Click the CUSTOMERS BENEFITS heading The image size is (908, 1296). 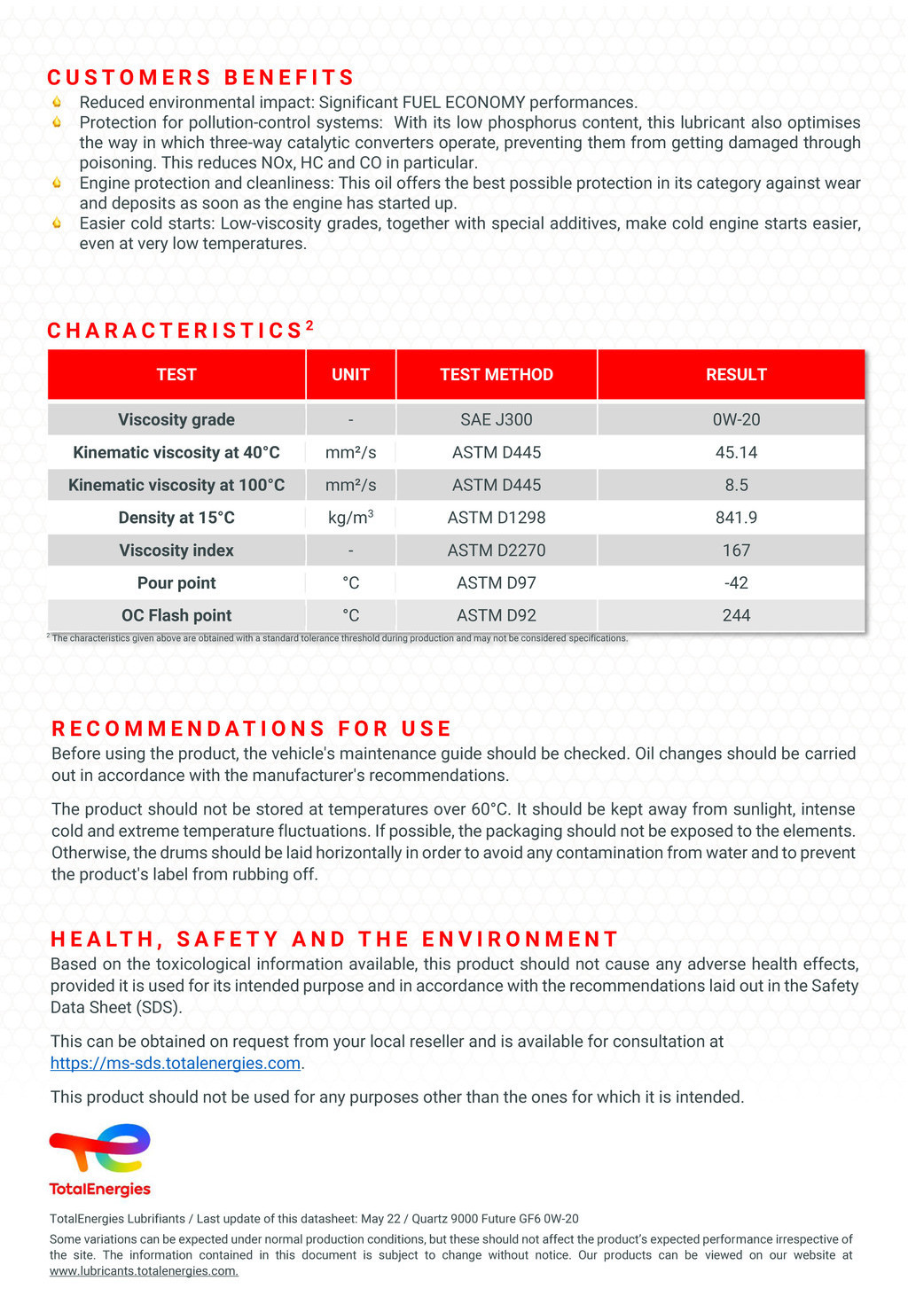coord(200,77)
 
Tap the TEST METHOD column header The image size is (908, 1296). coord(496,375)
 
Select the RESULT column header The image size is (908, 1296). coord(735,375)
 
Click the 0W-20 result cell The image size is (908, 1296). coord(735,419)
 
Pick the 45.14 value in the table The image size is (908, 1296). coord(735,452)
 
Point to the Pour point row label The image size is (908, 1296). coord(176,582)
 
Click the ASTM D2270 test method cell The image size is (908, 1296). coord(496,550)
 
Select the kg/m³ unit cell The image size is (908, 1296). coord(350,518)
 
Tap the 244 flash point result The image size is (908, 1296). coord(735,615)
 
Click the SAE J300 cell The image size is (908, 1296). coord(496,419)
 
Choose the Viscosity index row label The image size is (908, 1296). coord(176,550)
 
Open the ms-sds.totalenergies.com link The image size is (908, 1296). coord(176,1063)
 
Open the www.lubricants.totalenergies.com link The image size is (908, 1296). coord(144,1271)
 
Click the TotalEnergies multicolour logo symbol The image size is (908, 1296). coord(100,1148)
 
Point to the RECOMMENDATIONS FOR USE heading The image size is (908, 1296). coord(252,729)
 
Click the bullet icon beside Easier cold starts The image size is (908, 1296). coord(57,223)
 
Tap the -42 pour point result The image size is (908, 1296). coord(735,582)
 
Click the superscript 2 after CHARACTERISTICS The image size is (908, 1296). coord(309,325)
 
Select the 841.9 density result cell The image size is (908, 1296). coord(735,518)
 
